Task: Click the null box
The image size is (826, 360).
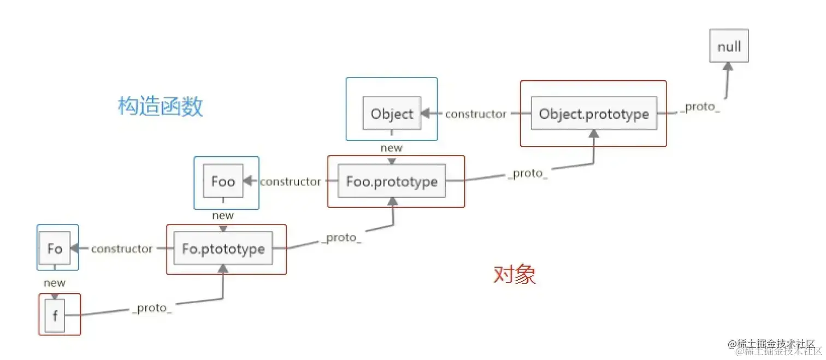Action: click(729, 46)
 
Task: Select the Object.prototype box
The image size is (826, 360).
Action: click(594, 114)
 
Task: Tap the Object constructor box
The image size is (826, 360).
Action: click(392, 114)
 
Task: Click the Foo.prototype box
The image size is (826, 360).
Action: click(392, 181)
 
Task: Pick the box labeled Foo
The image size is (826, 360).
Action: click(223, 181)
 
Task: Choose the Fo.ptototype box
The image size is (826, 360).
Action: click(223, 249)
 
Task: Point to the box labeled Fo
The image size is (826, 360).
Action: click(55, 249)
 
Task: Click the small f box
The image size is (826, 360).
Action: click(55, 316)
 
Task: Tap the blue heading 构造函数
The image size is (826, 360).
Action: click(161, 106)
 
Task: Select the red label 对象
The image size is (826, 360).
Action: click(514, 274)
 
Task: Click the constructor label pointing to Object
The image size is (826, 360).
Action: click(476, 114)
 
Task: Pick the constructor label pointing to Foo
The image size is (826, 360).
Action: click(291, 182)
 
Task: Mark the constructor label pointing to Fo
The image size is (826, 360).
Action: click(122, 249)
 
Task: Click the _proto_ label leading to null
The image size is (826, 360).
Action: click(700, 107)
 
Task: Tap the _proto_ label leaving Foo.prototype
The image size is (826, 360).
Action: click(528, 173)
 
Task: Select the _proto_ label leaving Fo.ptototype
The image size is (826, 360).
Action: click(341, 239)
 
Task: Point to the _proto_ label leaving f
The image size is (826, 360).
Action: click(152, 308)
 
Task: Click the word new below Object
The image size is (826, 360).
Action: click(391, 148)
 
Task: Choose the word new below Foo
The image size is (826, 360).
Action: click(223, 216)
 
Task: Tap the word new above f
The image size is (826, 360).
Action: click(55, 283)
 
